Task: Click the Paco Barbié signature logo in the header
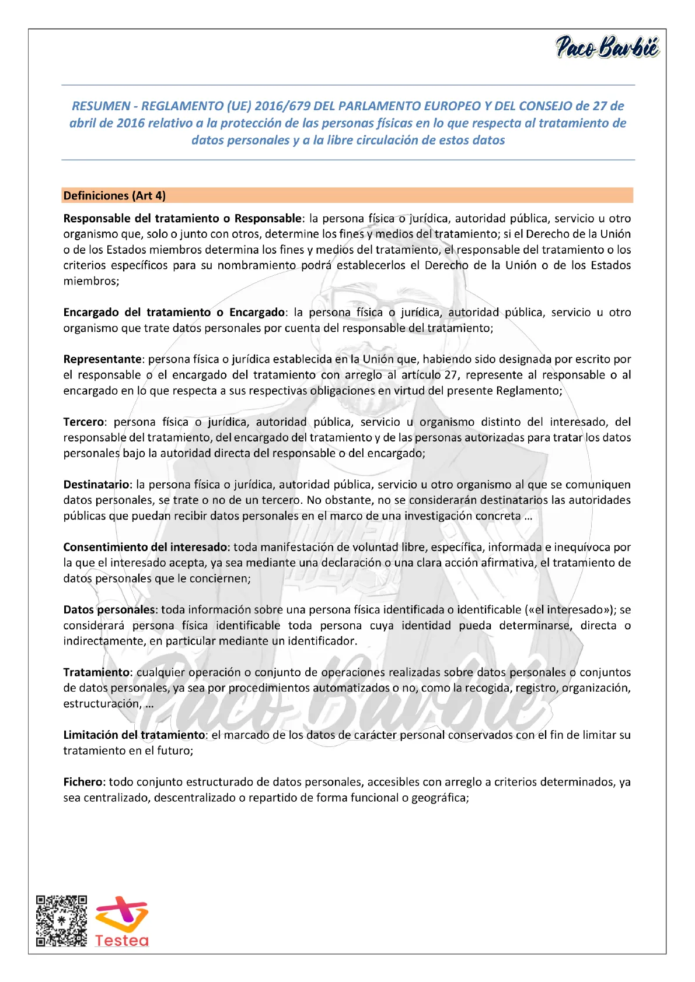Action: tap(607, 47)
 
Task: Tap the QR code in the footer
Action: tap(61, 920)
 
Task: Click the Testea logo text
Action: tap(122, 941)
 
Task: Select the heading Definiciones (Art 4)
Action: tap(114, 196)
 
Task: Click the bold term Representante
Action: tap(102, 359)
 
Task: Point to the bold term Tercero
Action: tap(84, 422)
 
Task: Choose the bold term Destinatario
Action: tap(96, 485)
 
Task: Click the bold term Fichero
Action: tap(83, 782)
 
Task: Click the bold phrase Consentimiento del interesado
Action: tap(145, 548)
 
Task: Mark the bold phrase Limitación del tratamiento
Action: tap(134, 735)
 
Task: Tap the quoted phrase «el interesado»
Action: tap(570, 610)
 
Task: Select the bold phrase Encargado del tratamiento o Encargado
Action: tap(174, 313)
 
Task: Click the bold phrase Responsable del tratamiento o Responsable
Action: tap(182, 219)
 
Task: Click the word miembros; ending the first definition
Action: tap(91, 281)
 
